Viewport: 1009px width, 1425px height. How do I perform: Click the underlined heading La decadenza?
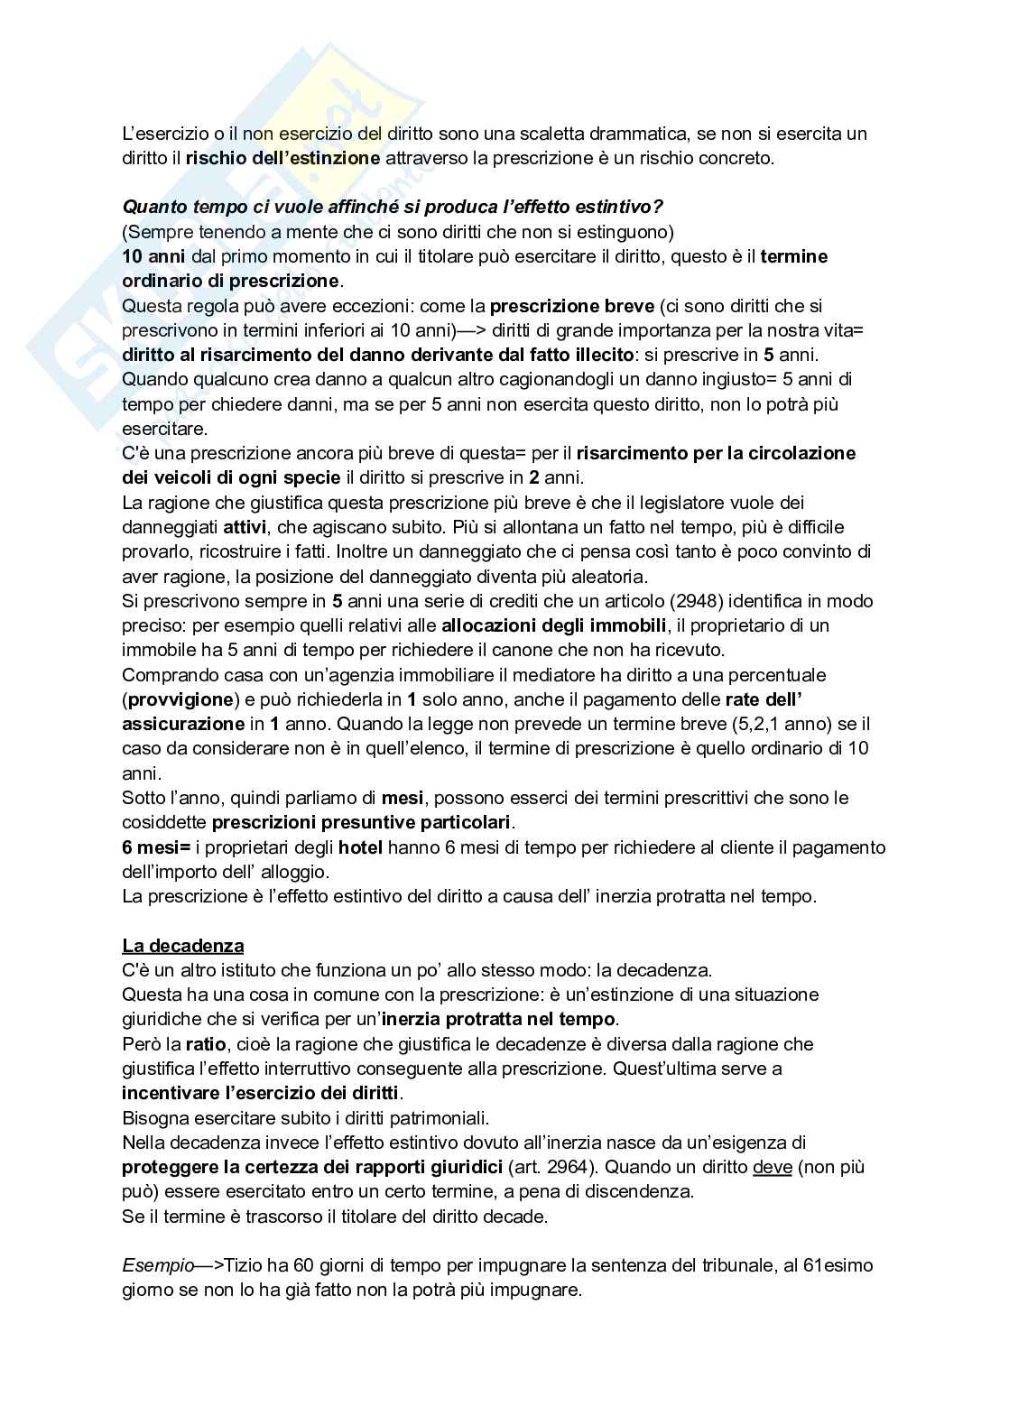coord(183,946)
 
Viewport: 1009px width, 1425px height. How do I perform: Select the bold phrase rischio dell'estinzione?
coord(282,158)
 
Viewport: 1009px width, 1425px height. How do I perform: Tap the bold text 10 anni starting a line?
coord(153,256)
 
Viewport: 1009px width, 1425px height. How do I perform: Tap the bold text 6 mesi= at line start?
coord(157,847)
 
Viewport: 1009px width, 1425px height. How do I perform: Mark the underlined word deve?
coord(772,1167)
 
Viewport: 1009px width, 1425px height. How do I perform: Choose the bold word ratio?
coord(206,1044)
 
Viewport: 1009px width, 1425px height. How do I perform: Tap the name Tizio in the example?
coord(244,1265)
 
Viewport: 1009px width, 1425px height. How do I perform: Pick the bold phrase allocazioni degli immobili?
coord(553,625)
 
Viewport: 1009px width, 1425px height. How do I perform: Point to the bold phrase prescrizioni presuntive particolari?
coord(361,822)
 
